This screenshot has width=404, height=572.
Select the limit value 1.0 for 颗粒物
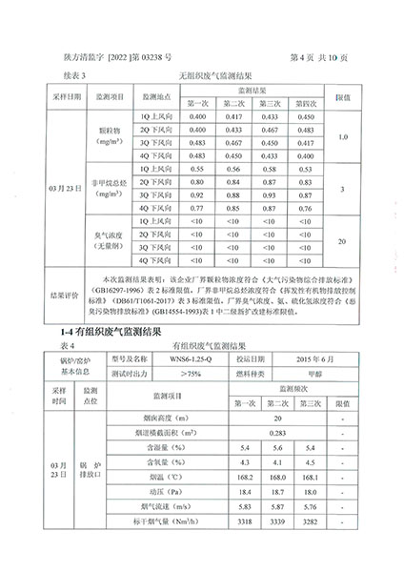(x=342, y=136)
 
